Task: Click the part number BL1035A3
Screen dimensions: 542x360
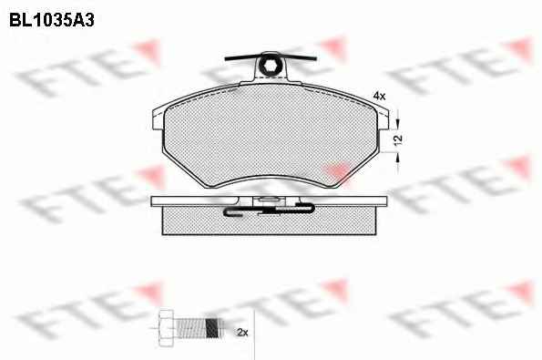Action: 52,20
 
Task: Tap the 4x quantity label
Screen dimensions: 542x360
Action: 379,96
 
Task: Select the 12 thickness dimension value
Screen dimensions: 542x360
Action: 398,139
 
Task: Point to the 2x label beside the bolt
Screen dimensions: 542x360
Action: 242,333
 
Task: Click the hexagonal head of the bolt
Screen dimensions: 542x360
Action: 166,327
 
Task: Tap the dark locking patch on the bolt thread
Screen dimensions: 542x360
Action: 212,327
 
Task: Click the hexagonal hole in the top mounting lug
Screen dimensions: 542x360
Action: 270,66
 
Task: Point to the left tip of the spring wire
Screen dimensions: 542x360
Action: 225,59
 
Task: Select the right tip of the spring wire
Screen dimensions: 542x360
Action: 315,59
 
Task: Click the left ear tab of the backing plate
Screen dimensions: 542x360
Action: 158,118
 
